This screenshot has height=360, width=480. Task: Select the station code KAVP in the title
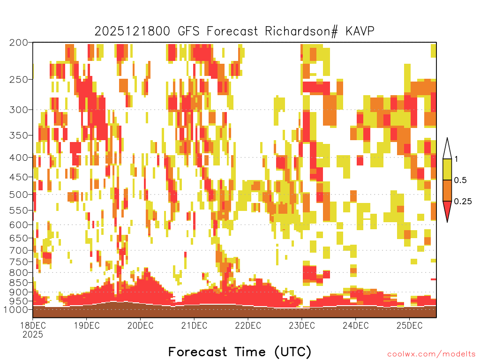click(360, 31)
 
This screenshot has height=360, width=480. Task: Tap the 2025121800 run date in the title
click(132, 31)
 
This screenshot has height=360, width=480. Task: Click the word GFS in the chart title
click(188, 31)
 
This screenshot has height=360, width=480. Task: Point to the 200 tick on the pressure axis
click(19, 43)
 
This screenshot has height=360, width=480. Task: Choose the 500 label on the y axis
click(19, 195)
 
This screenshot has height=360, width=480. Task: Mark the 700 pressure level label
click(19, 250)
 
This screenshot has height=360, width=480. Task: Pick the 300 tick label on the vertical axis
click(19, 110)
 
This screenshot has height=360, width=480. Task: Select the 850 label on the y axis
click(19, 283)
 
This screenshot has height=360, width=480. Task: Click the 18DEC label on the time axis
click(33, 325)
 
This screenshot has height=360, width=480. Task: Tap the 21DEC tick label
click(194, 325)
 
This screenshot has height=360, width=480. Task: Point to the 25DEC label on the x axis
click(410, 325)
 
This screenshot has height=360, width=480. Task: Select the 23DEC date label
click(302, 325)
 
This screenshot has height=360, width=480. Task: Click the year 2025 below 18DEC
click(33, 335)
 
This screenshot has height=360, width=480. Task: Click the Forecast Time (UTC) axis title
click(240, 352)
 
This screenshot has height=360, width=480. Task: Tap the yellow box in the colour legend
click(447, 169)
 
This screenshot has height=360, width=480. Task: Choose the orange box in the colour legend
click(447, 190)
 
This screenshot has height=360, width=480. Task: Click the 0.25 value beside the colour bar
click(463, 202)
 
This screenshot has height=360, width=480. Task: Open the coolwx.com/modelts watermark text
click(431, 354)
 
